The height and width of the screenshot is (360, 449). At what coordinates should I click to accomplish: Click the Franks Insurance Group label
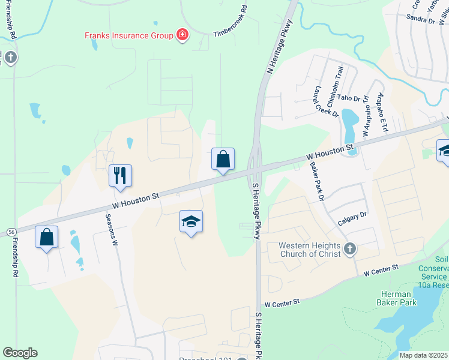(x=128, y=35)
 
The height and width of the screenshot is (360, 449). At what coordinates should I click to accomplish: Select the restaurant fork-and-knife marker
(x=120, y=175)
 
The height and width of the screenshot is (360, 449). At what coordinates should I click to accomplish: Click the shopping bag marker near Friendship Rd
(x=47, y=236)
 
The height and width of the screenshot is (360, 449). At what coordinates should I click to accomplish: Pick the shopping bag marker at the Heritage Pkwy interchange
(x=223, y=160)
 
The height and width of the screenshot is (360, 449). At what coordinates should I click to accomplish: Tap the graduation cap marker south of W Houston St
(x=191, y=221)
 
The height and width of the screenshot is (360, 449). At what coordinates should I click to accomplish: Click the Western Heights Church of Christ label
(x=309, y=250)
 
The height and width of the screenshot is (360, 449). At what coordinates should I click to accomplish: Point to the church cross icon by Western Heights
(x=350, y=248)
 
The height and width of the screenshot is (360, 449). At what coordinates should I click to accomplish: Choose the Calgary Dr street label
(x=352, y=219)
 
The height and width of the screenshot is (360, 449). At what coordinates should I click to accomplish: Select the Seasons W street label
(x=112, y=232)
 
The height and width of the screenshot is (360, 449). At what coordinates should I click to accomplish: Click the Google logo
(x=20, y=353)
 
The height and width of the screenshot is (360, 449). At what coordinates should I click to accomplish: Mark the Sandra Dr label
(x=420, y=20)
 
